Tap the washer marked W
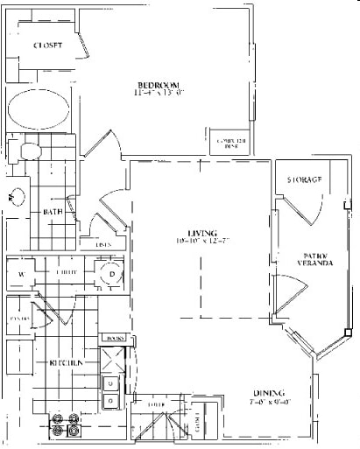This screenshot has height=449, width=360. click(x=20, y=274)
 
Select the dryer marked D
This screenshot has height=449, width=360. click(x=113, y=274)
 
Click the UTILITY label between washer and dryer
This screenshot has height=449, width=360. click(x=67, y=273)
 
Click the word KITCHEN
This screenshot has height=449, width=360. click(x=67, y=362)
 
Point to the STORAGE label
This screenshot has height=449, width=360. click(x=304, y=179)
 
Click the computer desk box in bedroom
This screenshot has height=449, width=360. click(x=227, y=144)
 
